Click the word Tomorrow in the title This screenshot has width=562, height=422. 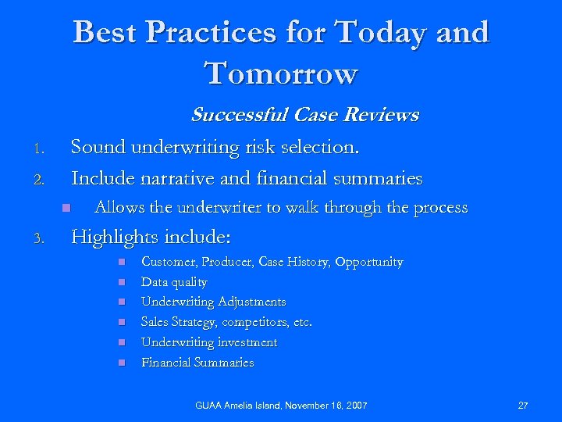pos(281,73)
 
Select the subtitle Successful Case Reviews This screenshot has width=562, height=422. pos(304,116)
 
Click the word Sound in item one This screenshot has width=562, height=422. pos(98,147)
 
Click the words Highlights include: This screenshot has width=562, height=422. pos(151,236)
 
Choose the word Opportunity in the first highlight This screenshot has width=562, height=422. pos(368,262)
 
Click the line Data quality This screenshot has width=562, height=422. pos(174,282)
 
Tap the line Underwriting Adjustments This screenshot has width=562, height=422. pos(213,302)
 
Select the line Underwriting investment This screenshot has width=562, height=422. pos(208,342)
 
